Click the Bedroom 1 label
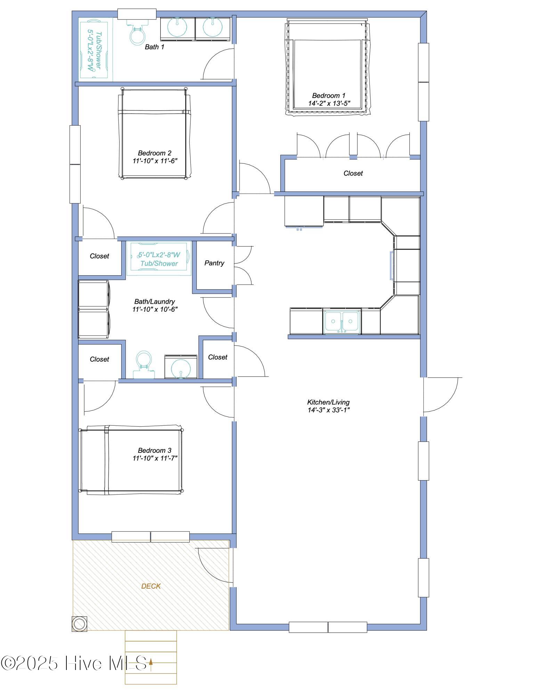pos(328,96)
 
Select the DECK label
pos(151,586)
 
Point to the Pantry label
pos(214,263)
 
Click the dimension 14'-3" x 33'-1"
pos(328,410)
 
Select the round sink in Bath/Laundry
pos(181,368)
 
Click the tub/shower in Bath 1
pos(96,50)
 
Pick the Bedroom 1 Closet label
pos(353,173)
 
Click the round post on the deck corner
pos(79,624)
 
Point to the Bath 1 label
pos(154,47)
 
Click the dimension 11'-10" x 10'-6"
pos(155,309)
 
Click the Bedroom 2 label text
pos(154,153)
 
